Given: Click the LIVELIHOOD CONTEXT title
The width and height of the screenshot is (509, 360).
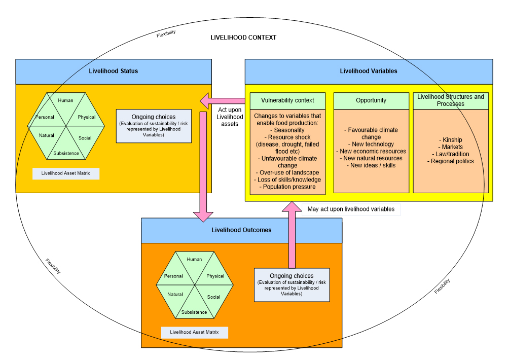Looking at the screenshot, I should (x=243, y=38).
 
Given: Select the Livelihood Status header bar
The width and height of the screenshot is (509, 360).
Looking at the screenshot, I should (x=113, y=71).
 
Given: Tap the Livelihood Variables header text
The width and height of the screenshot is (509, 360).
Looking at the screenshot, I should (x=369, y=71).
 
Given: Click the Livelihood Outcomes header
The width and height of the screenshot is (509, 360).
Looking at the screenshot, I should (x=241, y=230).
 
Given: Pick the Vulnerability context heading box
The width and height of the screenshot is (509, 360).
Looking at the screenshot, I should (x=287, y=100).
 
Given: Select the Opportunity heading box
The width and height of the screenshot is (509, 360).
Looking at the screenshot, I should (x=371, y=100).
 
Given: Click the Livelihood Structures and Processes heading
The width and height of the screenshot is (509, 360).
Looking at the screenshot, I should (x=451, y=100).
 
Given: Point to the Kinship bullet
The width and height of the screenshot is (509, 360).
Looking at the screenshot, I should (x=451, y=140).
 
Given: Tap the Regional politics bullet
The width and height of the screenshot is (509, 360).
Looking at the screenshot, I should (x=451, y=161).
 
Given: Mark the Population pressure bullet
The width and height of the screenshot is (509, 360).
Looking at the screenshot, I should (x=287, y=187).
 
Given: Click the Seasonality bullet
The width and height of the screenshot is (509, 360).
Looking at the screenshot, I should (x=287, y=130).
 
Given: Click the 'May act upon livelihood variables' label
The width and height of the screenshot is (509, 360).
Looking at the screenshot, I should (x=351, y=209).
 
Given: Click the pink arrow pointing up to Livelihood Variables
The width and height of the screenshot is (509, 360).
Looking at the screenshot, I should (x=292, y=233).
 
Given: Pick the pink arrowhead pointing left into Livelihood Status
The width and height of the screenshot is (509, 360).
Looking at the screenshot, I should (x=208, y=101).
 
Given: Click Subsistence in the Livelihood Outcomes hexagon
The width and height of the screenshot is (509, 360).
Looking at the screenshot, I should (x=194, y=312).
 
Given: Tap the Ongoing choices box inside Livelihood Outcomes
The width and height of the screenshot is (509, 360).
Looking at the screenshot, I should (x=292, y=284).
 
